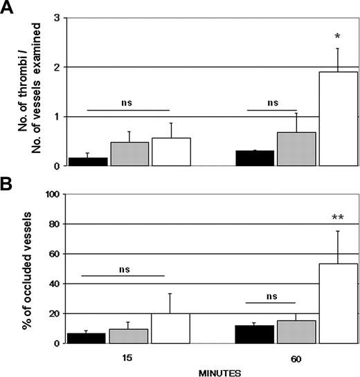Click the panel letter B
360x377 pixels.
pos(8,186)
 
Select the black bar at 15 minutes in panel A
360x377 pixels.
pos(87,162)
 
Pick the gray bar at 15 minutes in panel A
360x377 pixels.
pos(129,154)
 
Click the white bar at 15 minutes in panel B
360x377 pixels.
pos(171,328)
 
